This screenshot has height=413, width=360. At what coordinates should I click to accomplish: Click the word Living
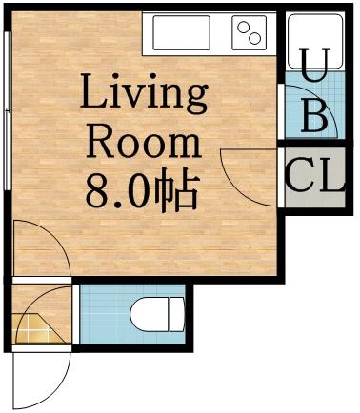[x=144, y=95]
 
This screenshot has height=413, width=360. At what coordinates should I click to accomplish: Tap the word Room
[x=144, y=143]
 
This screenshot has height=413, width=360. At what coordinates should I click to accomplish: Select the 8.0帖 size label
[x=144, y=192]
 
